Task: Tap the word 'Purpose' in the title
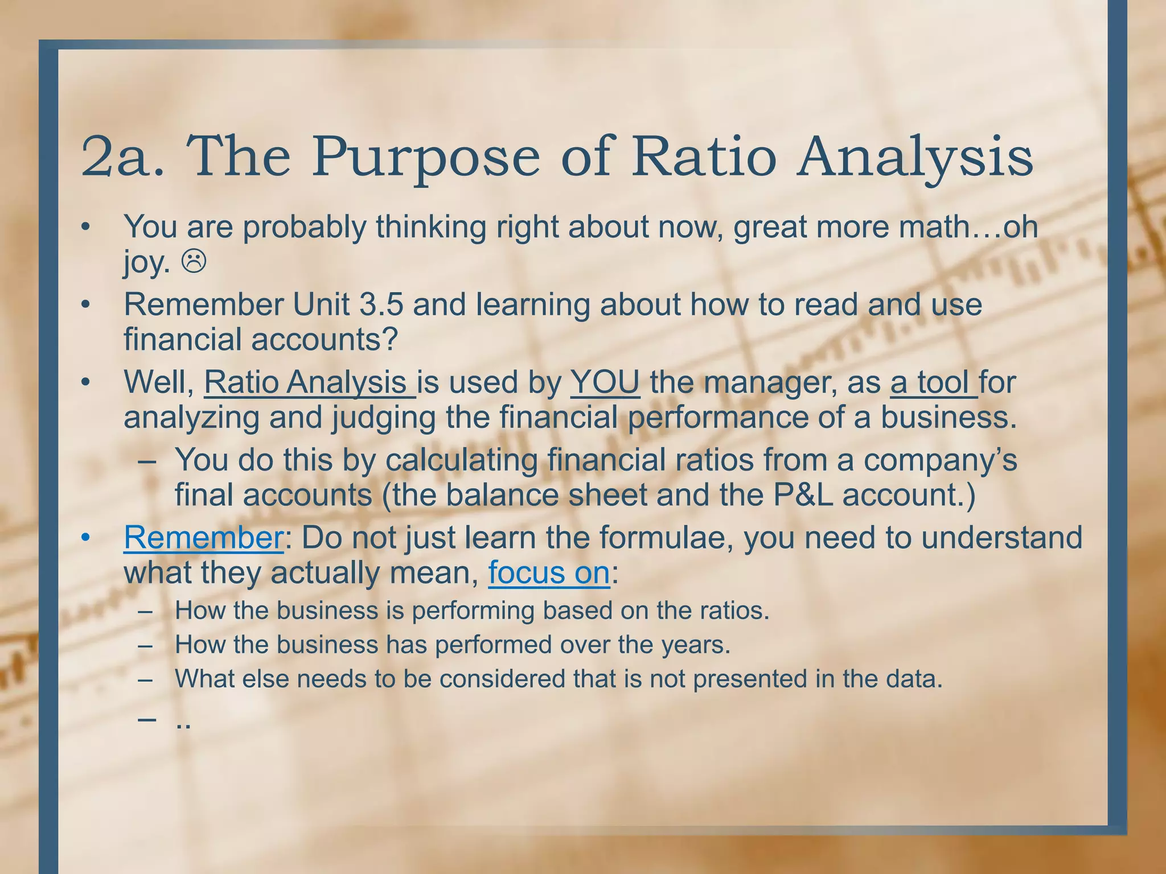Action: tap(425, 156)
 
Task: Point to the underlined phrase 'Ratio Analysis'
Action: tap(309, 382)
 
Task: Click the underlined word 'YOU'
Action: tap(605, 382)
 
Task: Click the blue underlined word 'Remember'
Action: tap(203, 537)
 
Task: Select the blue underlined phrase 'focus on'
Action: tap(549, 572)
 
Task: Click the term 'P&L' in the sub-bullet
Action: tap(803, 494)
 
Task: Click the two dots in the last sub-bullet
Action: tap(183, 725)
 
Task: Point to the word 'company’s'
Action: tap(940, 460)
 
